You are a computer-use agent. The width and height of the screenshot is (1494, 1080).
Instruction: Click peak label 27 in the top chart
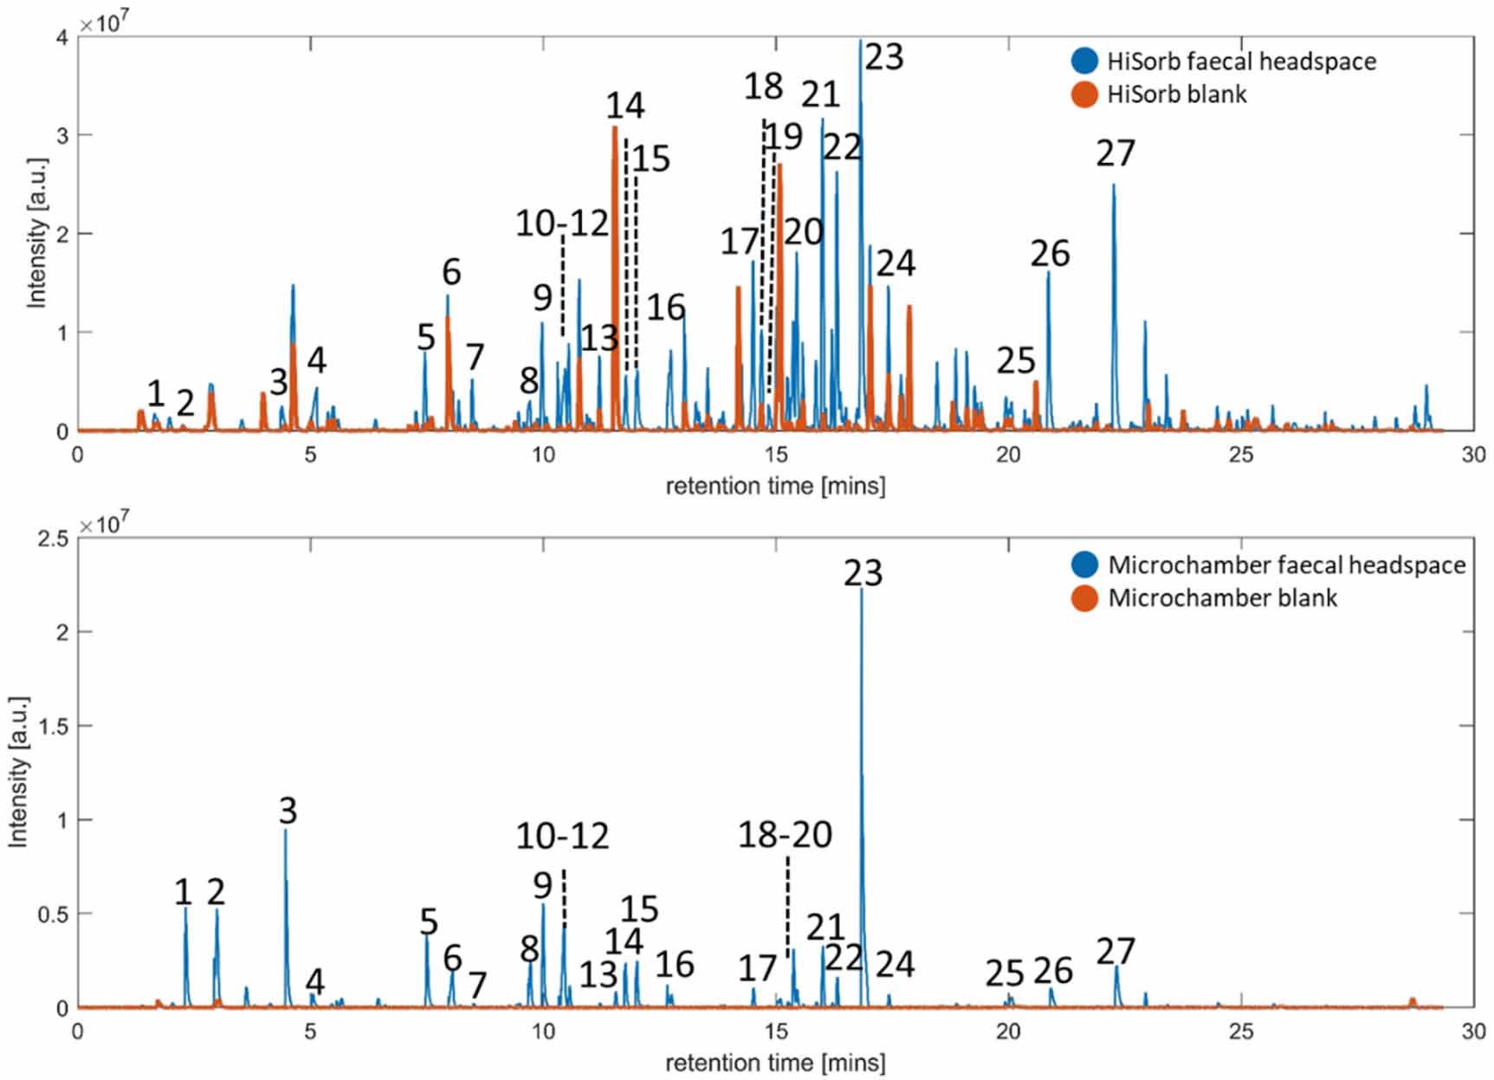click(x=1115, y=153)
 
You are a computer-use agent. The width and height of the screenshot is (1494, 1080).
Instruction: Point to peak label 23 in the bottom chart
click(x=863, y=572)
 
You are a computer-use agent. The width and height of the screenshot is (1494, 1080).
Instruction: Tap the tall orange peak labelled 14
click(x=614, y=260)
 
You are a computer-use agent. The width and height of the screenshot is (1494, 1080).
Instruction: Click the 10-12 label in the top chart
click(x=562, y=223)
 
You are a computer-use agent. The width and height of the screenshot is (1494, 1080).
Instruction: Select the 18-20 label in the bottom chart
click(x=785, y=834)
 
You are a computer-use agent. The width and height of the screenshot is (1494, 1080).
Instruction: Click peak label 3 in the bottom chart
click(x=288, y=811)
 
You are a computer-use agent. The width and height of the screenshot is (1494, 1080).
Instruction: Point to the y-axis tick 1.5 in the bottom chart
click(x=54, y=726)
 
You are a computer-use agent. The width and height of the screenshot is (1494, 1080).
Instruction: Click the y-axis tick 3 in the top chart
click(x=62, y=135)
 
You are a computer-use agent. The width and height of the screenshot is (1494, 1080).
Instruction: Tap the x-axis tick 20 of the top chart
click(x=1008, y=455)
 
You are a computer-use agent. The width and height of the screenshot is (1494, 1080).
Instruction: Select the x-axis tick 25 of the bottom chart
click(x=1240, y=1031)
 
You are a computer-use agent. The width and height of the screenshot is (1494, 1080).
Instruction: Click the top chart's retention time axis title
click(x=775, y=486)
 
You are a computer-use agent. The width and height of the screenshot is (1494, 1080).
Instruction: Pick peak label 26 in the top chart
click(x=1050, y=254)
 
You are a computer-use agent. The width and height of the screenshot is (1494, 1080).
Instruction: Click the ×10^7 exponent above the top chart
click(x=104, y=23)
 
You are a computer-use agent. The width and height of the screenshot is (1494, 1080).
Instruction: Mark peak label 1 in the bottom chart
click(x=183, y=891)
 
